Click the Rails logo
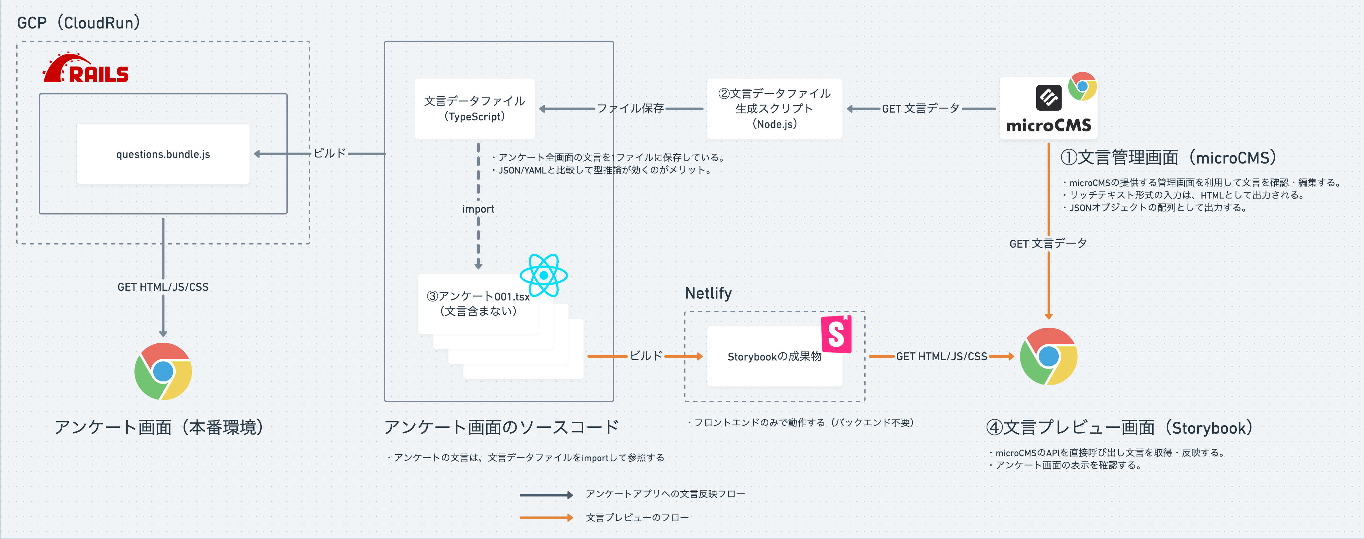(86, 69)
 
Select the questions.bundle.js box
(163, 154)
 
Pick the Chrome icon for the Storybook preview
(1048, 356)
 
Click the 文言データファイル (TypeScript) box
(474, 108)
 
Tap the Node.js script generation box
(774, 108)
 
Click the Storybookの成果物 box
(774, 356)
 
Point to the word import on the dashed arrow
(478, 209)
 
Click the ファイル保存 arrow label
(630, 108)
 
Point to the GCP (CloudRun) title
(78, 23)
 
